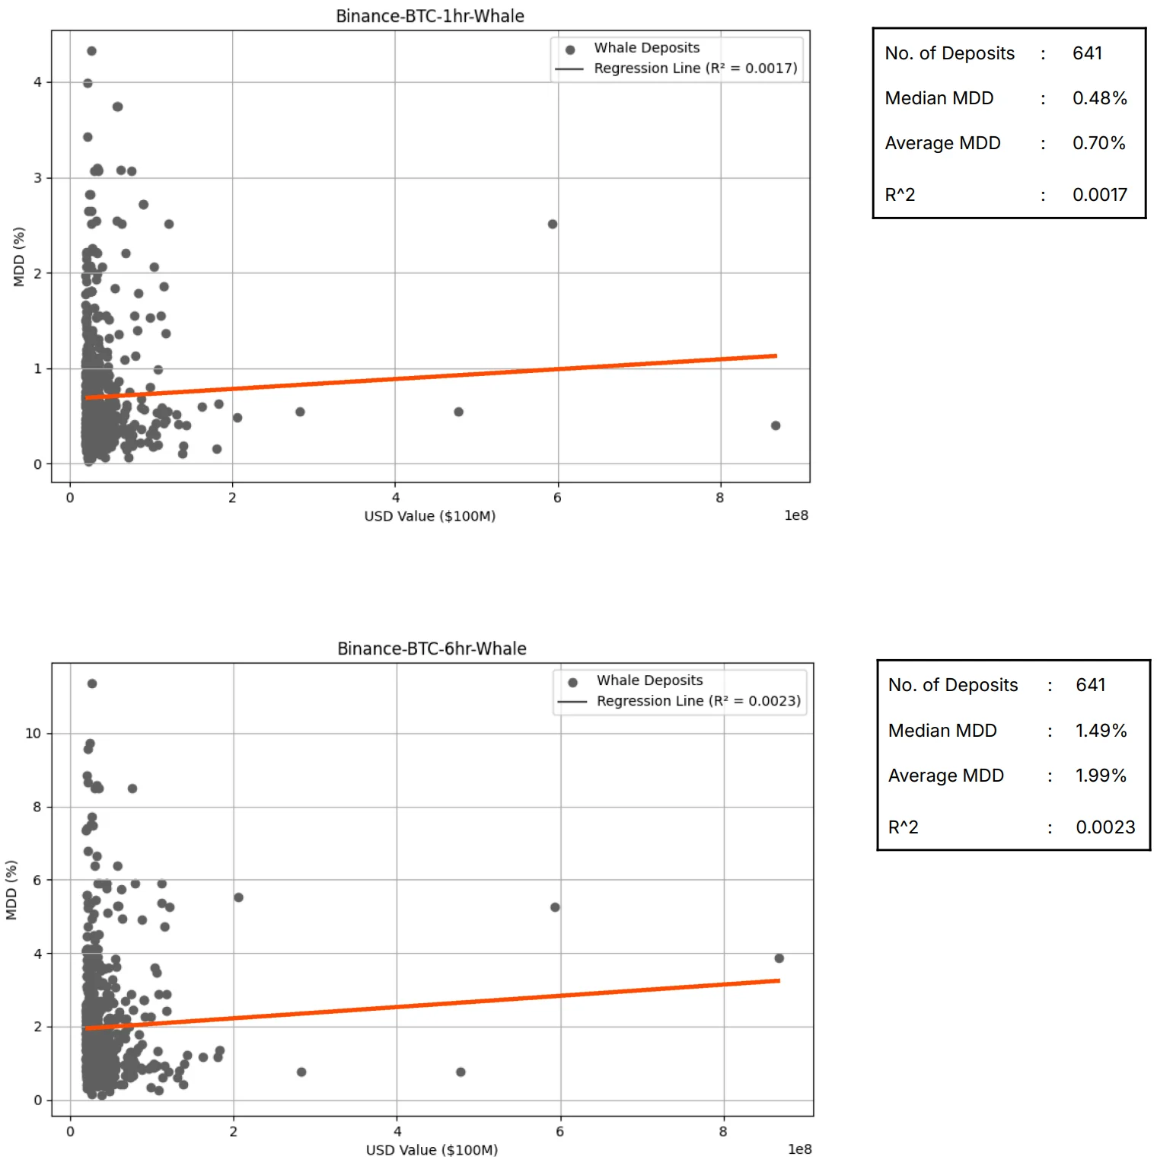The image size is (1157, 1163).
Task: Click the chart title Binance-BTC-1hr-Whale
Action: pos(430,16)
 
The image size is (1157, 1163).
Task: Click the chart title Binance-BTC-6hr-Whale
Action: pos(432,648)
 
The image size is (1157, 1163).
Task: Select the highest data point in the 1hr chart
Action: pos(91,51)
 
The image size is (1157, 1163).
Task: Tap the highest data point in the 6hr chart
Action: pos(92,683)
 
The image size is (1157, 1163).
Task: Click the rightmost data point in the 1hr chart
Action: pos(776,425)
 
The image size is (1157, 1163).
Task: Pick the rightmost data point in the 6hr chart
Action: pos(779,958)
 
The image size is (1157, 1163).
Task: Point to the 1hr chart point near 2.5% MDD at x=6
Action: pos(553,224)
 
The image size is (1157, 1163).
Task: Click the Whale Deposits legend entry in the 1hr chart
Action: pos(646,48)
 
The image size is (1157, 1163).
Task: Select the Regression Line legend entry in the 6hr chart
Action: pos(698,701)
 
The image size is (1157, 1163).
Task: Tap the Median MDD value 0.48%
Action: pos(1099,98)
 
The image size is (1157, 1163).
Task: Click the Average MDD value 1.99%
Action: pos(1100,776)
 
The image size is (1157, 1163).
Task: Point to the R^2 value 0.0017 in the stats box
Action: pos(1099,195)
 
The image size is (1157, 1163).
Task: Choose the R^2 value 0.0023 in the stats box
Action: pos(1104,827)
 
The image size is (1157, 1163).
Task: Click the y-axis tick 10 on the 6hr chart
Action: pos(33,734)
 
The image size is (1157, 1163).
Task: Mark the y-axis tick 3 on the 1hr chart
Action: pos(37,178)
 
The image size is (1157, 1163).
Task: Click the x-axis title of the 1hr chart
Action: pos(430,516)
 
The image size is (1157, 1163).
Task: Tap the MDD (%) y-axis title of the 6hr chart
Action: pos(11,890)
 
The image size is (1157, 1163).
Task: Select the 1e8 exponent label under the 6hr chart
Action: pos(799,1149)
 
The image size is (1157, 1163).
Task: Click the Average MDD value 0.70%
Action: pos(1098,143)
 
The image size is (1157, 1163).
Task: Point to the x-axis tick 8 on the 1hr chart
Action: pos(720,498)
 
